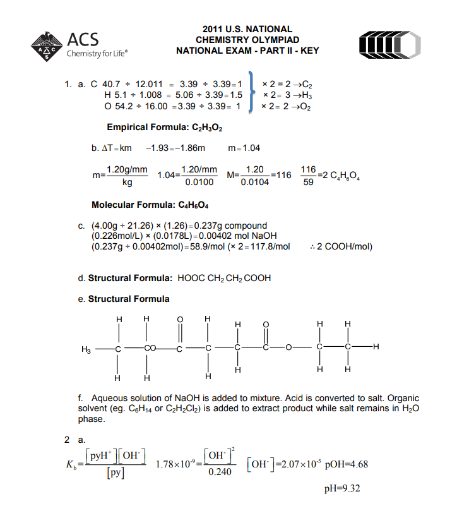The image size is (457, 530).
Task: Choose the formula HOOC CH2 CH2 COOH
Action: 225,278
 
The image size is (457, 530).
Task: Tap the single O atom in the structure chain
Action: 292,347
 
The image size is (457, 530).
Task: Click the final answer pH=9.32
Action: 342,489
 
